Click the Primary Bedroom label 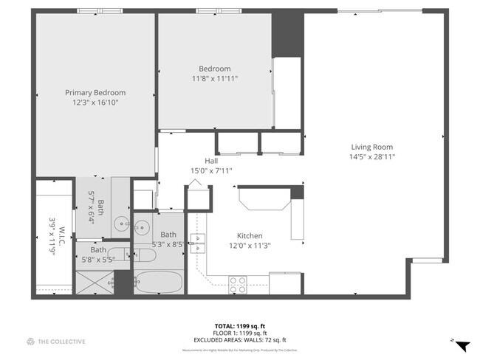[95, 92]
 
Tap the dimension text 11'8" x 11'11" [215, 78]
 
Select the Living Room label [371, 147]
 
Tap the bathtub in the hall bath [157, 282]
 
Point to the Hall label [211, 160]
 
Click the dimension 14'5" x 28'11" [371, 157]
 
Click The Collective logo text [56, 341]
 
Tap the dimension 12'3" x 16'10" [95, 103]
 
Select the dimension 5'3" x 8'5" [168, 244]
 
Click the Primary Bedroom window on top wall [100, 11]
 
